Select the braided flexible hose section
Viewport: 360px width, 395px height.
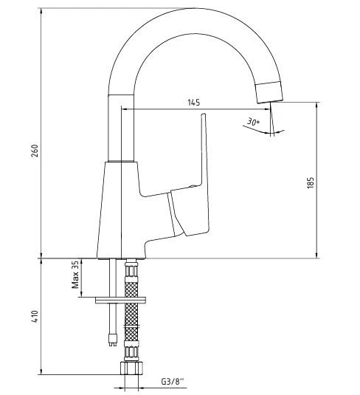point(132,317)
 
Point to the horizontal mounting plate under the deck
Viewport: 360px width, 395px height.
point(125,300)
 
